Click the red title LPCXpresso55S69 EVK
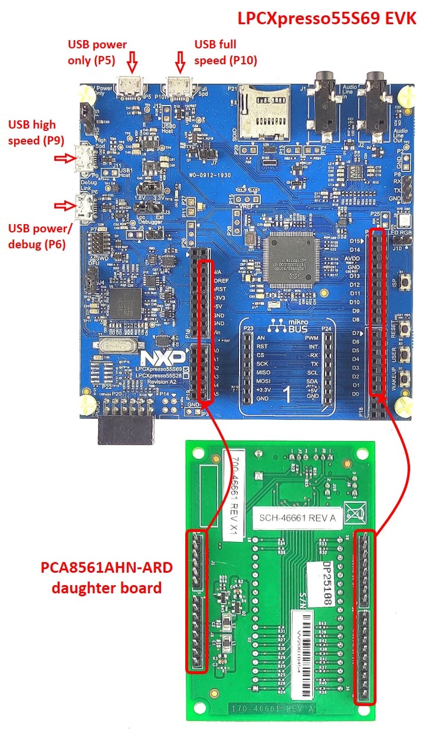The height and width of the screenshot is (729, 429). pyautogui.click(x=327, y=18)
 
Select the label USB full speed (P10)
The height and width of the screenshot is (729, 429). pyautogui.click(x=225, y=52)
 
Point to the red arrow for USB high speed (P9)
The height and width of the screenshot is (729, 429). pyautogui.click(x=61, y=158)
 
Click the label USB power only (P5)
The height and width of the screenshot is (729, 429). pyautogui.click(x=97, y=52)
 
